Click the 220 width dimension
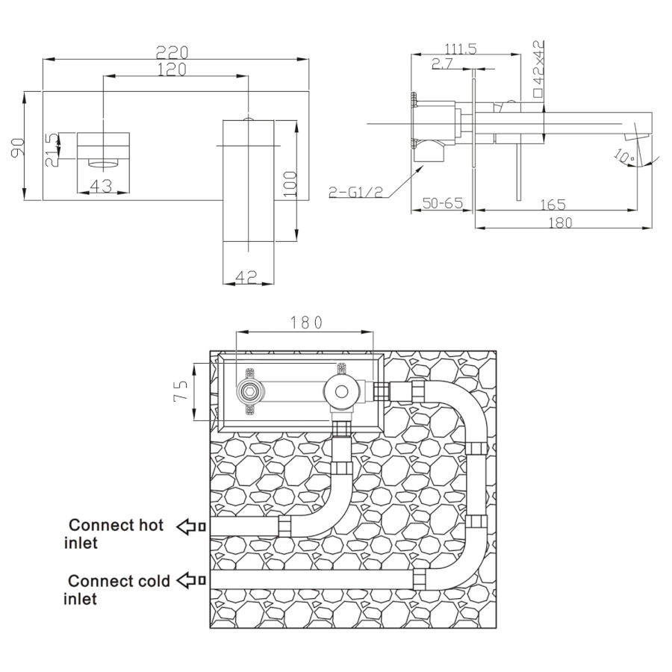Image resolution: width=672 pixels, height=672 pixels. pos(172,52)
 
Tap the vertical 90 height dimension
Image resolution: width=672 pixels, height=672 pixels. pos(17,147)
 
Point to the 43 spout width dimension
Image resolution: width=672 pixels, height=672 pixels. pos(102,186)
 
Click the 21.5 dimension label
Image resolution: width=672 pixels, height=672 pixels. pos(51,149)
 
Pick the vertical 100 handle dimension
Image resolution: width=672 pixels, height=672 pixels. pos(290,184)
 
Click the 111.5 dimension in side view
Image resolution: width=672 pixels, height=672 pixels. pos(461,49)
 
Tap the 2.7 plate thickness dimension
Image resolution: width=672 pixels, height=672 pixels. pos(442,64)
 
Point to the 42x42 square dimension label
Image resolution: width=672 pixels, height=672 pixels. pos(538,69)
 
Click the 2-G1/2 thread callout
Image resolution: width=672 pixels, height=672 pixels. pos(355,192)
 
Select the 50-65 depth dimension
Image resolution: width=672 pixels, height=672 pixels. pos(443,202)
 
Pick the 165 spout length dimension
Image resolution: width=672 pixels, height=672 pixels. pos(553,204)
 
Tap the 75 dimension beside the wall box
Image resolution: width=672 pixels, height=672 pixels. pos(181,391)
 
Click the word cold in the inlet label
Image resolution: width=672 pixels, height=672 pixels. pos(152,581)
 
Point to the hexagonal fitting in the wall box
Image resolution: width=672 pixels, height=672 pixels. pos(251,391)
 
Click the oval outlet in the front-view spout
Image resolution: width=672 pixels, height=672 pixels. pos(103,163)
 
